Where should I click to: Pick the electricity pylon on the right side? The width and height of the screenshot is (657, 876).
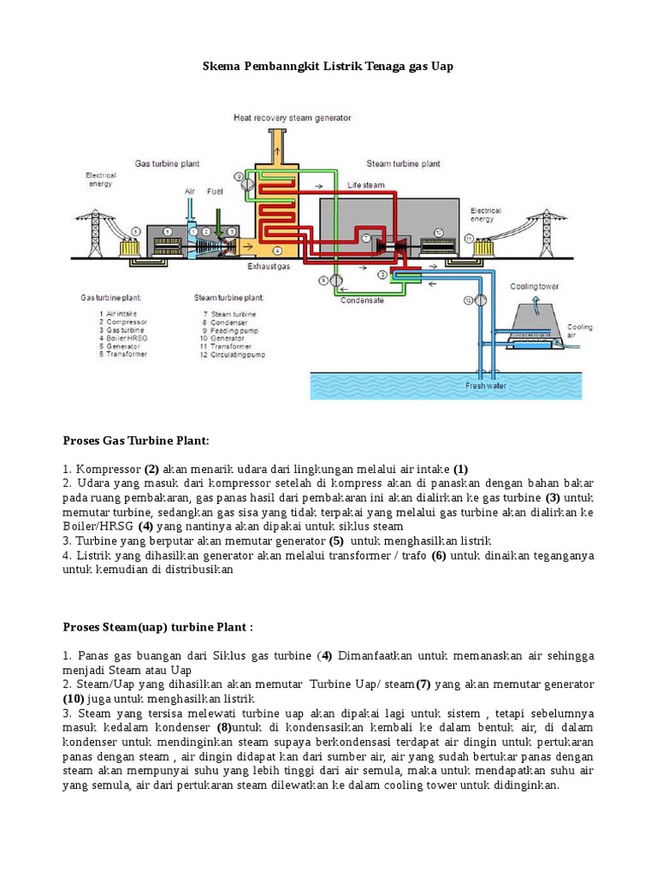[x=541, y=228]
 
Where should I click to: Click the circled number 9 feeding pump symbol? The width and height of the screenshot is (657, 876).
[x=334, y=280]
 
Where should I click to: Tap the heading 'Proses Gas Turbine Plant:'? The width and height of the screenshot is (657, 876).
[x=135, y=440]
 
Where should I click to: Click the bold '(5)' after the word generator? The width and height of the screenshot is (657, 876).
[x=336, y=541]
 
